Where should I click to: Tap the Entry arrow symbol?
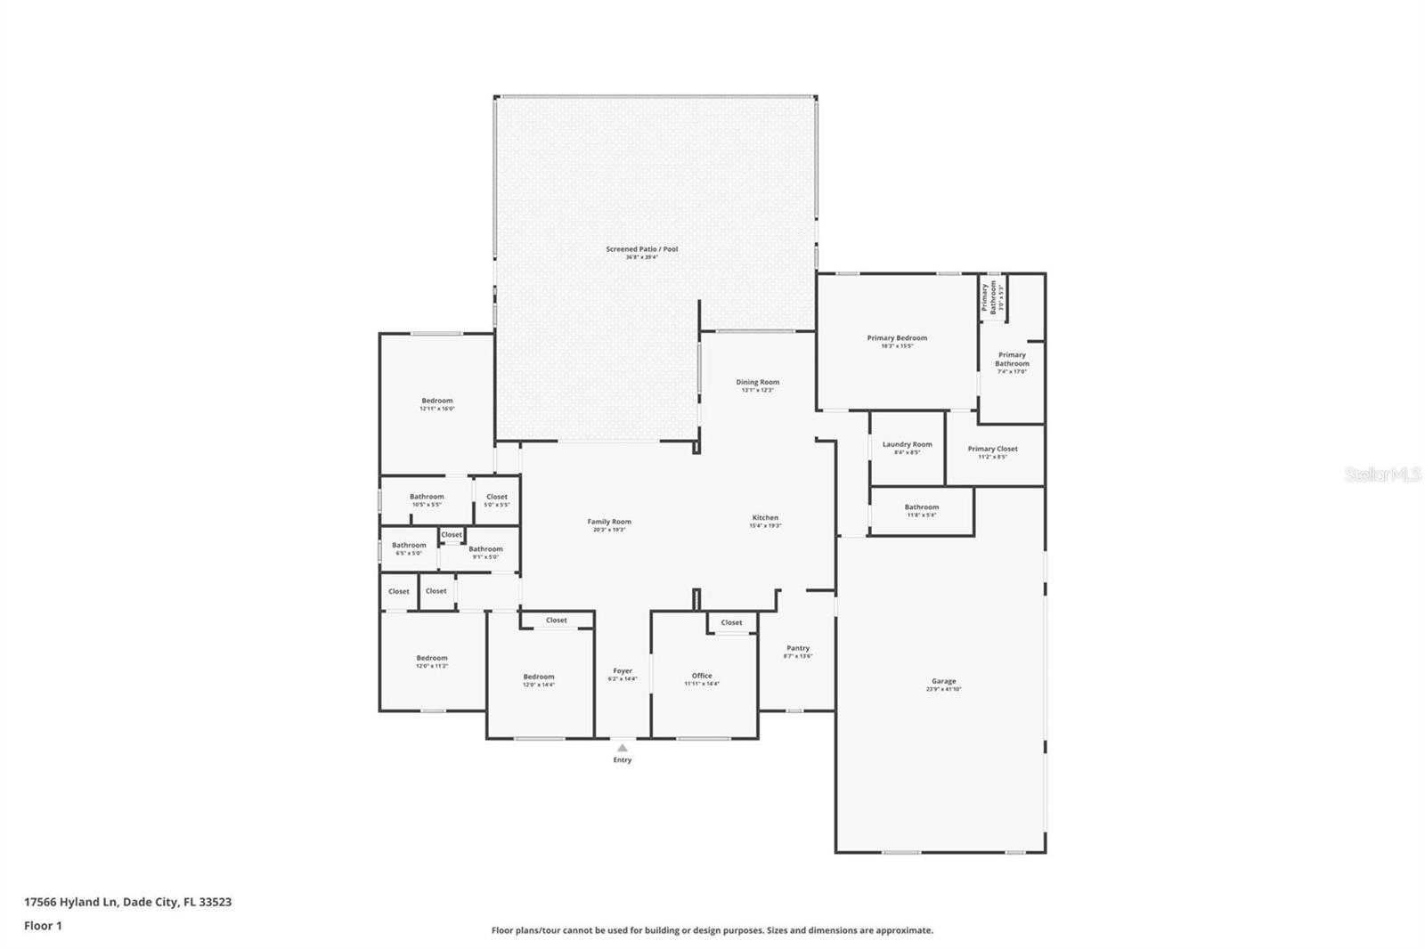(622, 748)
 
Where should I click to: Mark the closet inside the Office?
(731, 622)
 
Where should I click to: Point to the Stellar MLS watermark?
(1382, 474)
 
